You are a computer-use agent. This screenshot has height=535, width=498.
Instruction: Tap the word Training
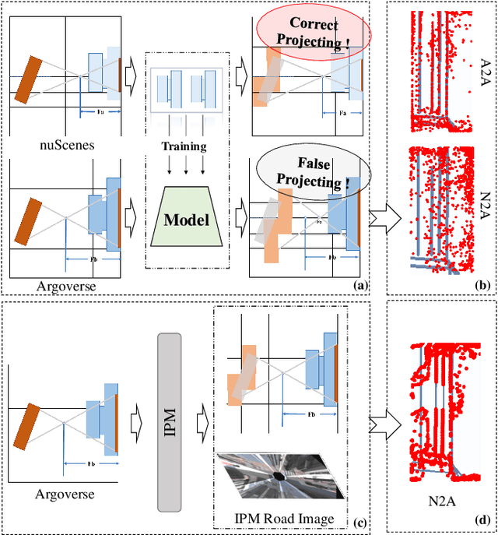click(x=184, y=146)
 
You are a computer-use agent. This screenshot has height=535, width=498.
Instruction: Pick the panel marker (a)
click(x=359, y=286)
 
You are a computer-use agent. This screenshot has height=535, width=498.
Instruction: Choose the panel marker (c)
click(x=359, y=519)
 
